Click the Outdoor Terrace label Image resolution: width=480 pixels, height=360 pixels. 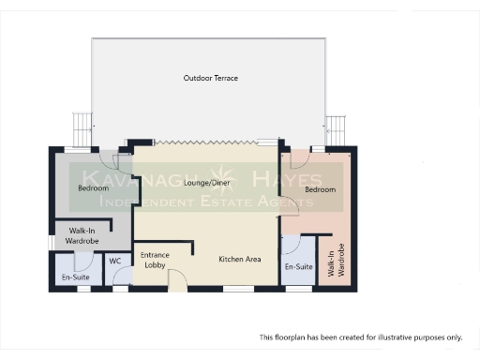tap(210, 78)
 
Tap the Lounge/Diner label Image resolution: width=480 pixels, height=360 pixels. tap(208, 183)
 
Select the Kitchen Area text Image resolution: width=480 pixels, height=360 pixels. tap(240, 259)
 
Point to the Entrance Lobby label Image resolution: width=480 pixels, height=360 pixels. tap(155, 260)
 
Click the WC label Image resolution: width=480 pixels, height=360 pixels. tap(115, 261)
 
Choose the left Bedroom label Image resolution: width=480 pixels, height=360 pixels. tap(94, 187)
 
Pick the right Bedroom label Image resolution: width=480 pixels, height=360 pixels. tap(321, 189)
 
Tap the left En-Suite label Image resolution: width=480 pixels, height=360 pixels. tap(75, 278)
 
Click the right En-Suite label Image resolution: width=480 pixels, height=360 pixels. tap(298, 267)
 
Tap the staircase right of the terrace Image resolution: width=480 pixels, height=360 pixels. tap(336, 126)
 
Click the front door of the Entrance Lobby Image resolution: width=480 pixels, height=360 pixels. tap(173, 282)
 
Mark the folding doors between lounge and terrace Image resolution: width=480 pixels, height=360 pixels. tap(206, 142)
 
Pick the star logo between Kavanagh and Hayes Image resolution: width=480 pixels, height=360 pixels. tap(226, 178)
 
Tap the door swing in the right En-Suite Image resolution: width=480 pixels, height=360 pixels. tap(291, 246)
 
